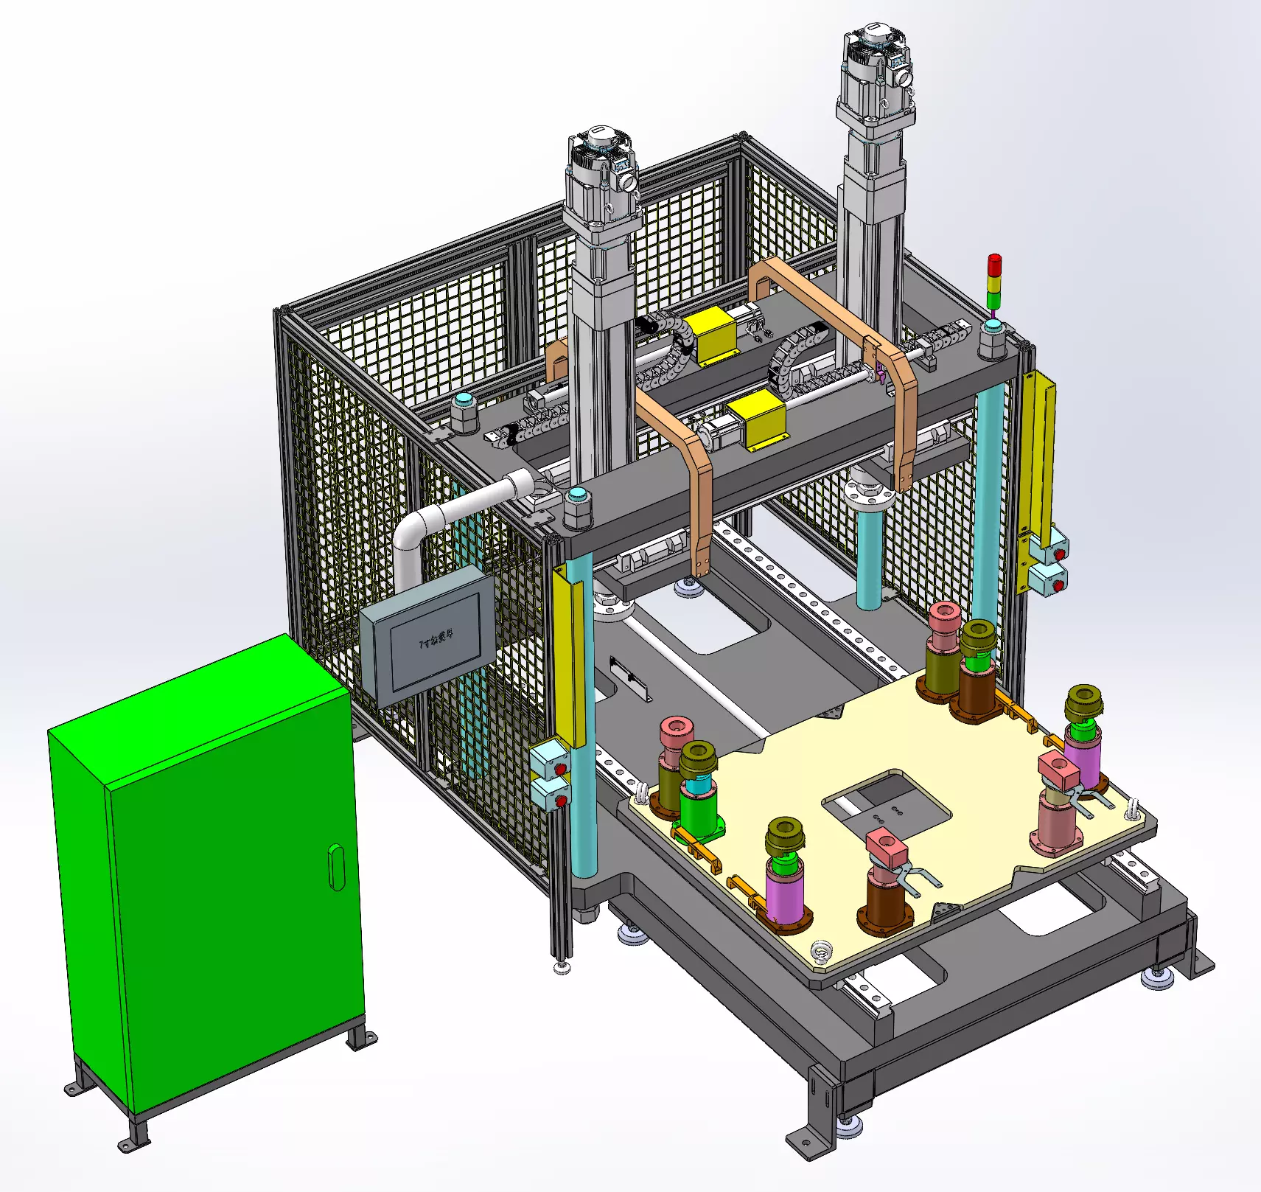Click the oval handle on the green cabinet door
pyautogui.click(x=336, y=867)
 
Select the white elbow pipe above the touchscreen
pyautogui.click(x=442, y=515)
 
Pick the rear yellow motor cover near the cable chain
pyautogui.click(x=710, y=335)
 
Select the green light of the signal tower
pyautogui.click(x=994, y=299)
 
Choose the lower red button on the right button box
pyautogui.click(x=1058, y=586)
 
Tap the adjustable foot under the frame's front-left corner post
pyautogui.click(x=562, y=965)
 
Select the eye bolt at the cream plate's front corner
pyautogui.click(x=821, y=952)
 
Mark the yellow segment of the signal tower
pyautogui.click(x=994, y=282)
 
